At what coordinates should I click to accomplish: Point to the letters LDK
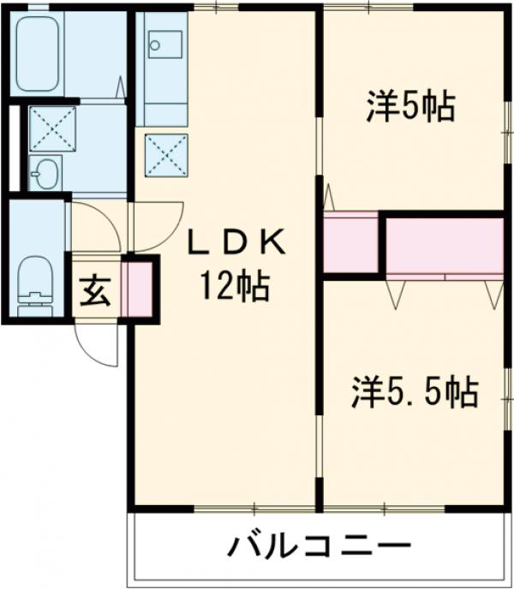236,244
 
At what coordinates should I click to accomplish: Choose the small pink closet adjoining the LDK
350,243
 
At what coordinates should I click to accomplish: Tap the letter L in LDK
198,244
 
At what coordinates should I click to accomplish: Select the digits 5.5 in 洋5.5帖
418,393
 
